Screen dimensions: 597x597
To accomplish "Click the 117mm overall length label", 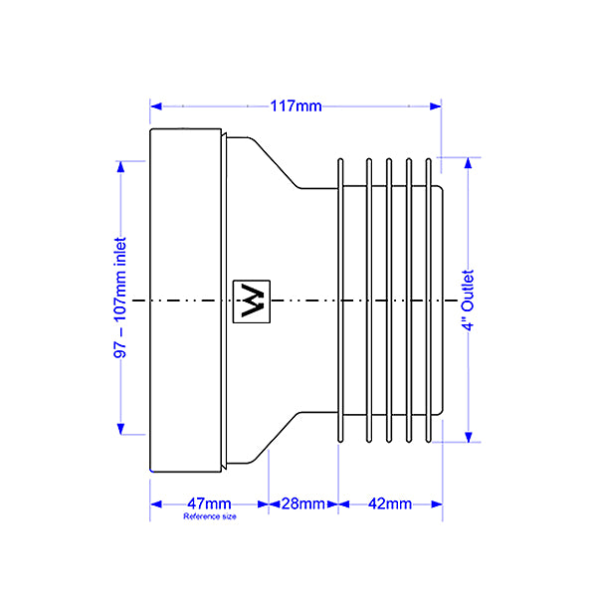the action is point(296,105).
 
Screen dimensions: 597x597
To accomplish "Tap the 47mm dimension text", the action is point(209,503).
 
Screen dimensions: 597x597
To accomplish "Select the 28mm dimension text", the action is point(303,503).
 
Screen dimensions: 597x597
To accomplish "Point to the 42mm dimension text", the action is point(389,503).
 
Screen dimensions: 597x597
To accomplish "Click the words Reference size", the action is point(210,516).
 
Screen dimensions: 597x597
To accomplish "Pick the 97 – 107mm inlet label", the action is point(120,298).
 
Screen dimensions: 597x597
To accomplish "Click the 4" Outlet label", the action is point(468,300).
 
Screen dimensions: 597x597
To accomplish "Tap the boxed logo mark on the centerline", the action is point(252,301).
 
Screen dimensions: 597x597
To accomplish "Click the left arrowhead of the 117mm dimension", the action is point(156,106).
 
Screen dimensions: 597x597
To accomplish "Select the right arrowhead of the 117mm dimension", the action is point(436,106).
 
